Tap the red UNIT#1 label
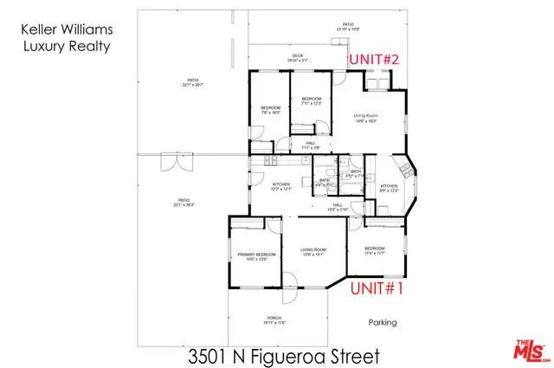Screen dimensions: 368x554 [x=377, y=291]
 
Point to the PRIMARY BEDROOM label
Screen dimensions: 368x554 [x=256, y=256]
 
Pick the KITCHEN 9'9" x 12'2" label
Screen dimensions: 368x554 [x=389, y=188]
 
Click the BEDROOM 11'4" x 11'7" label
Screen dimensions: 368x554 [x=375, y=250]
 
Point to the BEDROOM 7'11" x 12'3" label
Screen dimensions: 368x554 [x=312, y=101]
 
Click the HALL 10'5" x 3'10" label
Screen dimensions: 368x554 [x=337, y=206]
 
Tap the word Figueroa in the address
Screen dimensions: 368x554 [x=298, y=355]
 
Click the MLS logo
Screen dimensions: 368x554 [x=524, y=351]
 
